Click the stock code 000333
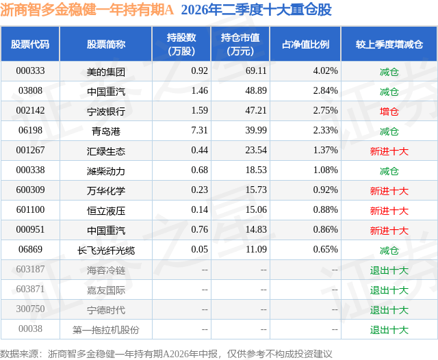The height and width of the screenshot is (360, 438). [x=30, y=71]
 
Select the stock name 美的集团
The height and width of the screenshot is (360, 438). [x=106, y=72]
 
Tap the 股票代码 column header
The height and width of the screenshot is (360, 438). [x=30, y=44]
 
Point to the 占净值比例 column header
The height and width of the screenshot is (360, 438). [x=305, y=44]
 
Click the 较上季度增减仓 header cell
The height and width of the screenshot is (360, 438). [x=389, y=44]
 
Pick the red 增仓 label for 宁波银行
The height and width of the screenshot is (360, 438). [x=389, y=112]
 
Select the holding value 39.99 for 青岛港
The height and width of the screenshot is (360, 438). [x=256, y=130]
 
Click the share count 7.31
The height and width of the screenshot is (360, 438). [x=199, y=130]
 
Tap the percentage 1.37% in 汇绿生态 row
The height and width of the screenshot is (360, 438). [x=326, y=150]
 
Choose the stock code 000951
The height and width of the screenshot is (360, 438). [x=30, y=229]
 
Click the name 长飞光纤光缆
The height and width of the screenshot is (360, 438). [x=106, y=250]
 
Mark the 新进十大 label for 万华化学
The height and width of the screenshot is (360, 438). [x=389, y=191]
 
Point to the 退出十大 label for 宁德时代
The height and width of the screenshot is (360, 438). [x=389, y=310]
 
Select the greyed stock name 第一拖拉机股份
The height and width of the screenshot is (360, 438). [x=106, y=330]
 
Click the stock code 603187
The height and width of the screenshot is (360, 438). [x=30, y=269]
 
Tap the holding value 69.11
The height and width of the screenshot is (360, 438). [x=256, y=71]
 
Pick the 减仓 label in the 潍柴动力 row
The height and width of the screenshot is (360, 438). [x=389, y=171]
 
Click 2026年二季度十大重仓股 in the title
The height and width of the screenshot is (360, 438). [x=257, y=10]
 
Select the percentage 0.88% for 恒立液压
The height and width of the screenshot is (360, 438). [x=326, y=209]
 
